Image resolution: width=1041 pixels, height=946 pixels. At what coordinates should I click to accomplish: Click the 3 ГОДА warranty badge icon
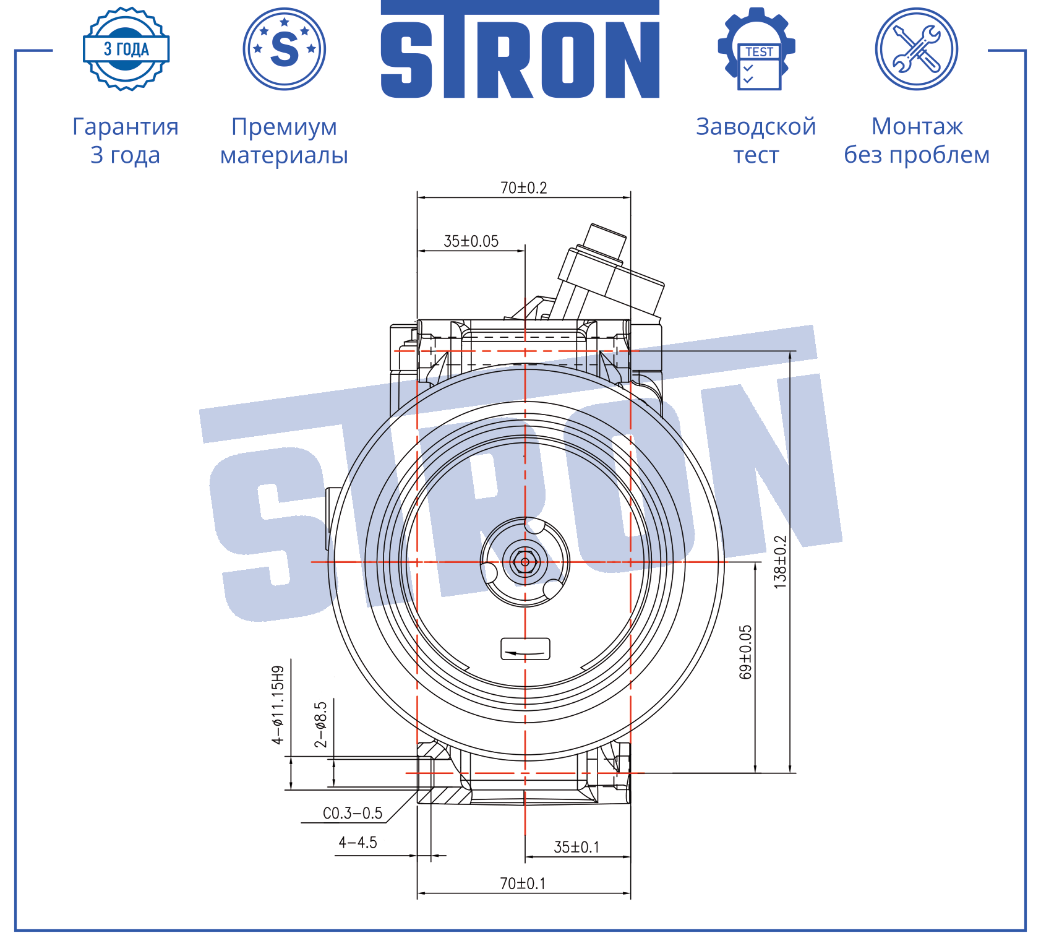tap(126, 49)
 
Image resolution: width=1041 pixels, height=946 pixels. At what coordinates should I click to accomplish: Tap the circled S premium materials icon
tap(285, 49)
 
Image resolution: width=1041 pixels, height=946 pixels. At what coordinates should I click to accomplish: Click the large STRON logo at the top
tap(520, 49)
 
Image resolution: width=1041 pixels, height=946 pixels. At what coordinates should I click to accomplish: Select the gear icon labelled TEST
tap(756, 49)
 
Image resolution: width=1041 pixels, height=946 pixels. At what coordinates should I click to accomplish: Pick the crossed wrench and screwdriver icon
tap(917, 49)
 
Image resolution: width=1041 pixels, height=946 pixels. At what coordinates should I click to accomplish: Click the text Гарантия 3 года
tap(126, 140)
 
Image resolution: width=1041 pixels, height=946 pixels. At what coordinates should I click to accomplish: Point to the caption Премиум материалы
tap(285, 140)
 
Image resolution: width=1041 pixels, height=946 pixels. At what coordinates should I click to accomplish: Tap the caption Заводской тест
tap(756, 140)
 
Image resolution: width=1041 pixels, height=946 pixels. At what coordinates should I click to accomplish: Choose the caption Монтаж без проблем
tap(917, 140)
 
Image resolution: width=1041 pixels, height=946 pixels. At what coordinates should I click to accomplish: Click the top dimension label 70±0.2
tap(524, 187)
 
